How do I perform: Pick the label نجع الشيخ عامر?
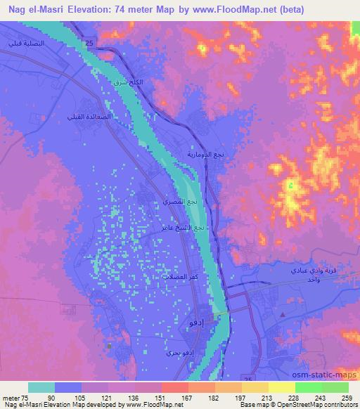(187, 228)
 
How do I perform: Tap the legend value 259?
(346, 397)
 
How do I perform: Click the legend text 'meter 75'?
(15, 397)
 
